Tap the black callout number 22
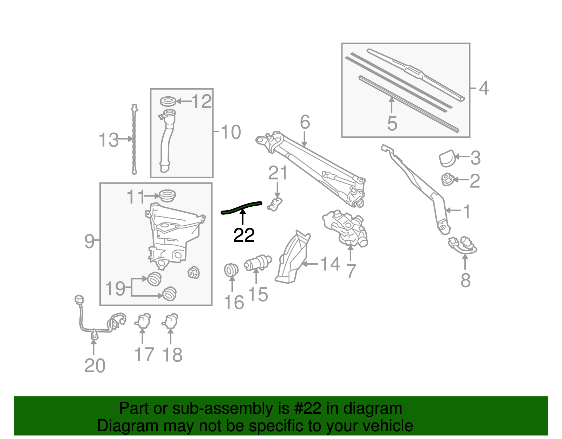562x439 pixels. tap(244, 235)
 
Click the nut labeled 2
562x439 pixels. tap(447, 180)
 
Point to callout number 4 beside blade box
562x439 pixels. tap(484, 88)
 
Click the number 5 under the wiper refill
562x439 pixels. tap(392, 124)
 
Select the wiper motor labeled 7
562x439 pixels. tap(346, 227)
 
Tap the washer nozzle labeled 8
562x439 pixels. tap(463, 245)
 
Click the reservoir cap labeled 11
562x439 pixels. tap(167, 195)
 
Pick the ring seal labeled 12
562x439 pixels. tap(168, 102)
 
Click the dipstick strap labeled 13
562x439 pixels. tap(134, 141)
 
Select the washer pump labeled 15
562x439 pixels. tap(259, 263)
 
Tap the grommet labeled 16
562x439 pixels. tap(231, 270)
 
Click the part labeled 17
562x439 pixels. tap(143, 321)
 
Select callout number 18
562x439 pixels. tap(172, 355)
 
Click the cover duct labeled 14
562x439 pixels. tap(292, 258)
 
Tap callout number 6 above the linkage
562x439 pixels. tap(305, 122)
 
